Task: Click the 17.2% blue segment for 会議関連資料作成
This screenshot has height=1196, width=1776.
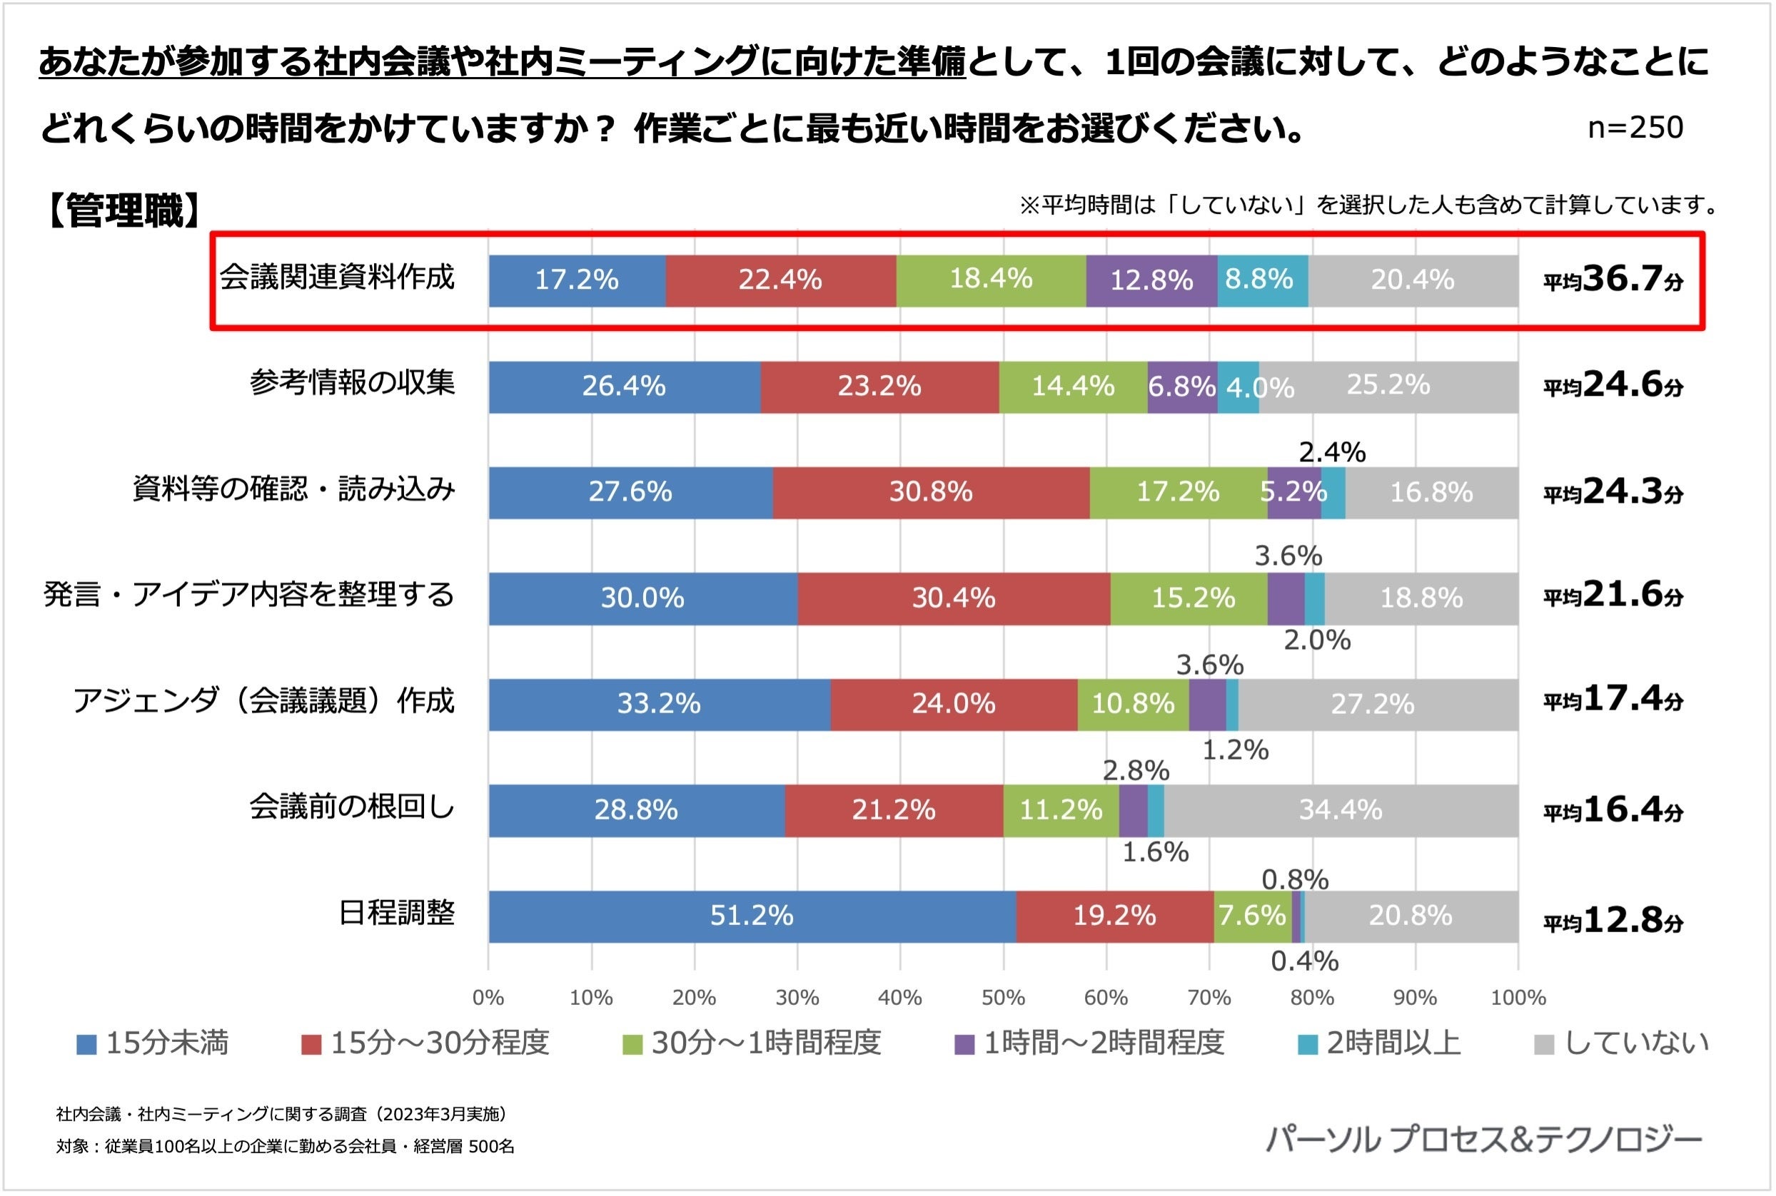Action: (577, 281)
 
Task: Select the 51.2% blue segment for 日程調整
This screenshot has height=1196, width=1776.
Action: (752, 916)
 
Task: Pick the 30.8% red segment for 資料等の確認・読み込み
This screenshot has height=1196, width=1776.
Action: (930, 493)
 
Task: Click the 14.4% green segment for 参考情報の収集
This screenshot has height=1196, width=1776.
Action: (1072, 387)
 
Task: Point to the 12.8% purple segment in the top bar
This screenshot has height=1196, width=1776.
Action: (1151, 281)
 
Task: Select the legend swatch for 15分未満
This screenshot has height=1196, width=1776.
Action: (86, 1045)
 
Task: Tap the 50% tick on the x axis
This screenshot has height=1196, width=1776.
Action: (1003, 998)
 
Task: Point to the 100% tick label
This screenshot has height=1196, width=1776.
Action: (1518, 998)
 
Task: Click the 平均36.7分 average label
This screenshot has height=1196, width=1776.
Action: (1613, 280)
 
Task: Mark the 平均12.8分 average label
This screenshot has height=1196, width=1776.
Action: (1613, 921)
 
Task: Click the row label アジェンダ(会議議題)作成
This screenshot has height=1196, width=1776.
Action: (263, 701)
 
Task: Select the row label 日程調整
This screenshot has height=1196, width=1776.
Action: (396, 913)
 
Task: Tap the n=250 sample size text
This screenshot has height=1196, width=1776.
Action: (1635, 128)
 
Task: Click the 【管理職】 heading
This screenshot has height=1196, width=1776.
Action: (123, 210)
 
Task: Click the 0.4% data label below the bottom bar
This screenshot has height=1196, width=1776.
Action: (1304, 962)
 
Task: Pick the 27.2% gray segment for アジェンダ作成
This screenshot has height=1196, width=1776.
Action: (1372, 704)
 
